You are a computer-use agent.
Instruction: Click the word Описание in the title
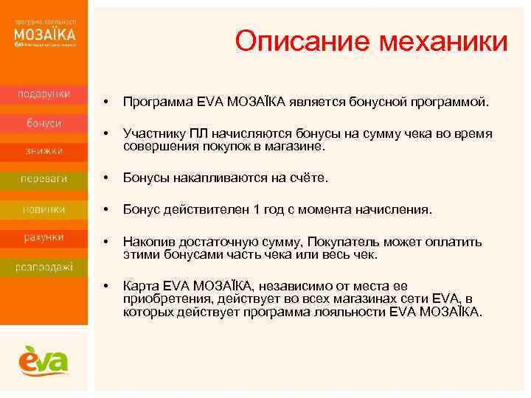point(294,41)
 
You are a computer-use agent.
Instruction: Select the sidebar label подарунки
point(44,94)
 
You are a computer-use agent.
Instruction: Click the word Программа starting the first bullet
point(158,99)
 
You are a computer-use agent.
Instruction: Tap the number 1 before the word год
point(256,210)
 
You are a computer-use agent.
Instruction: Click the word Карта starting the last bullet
point(141,286)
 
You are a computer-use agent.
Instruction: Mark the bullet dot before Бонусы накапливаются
point(107,178)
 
